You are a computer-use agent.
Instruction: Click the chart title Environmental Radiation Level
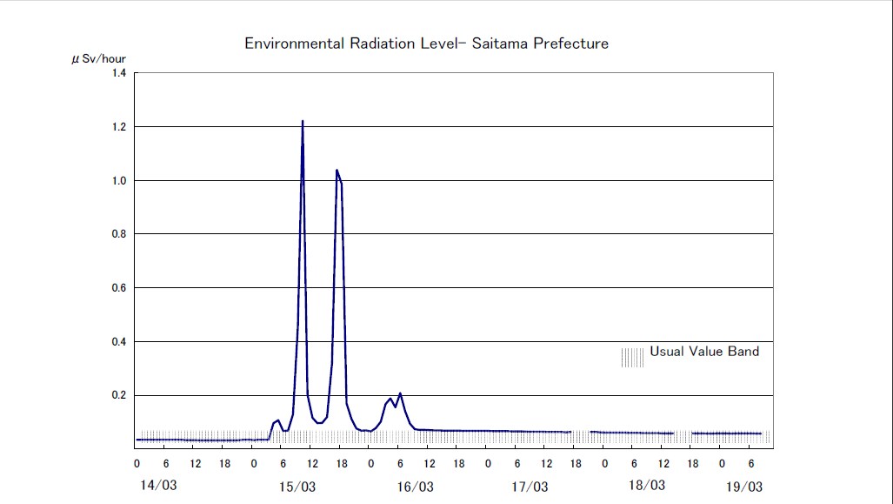426,44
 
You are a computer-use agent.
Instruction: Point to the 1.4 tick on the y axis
117,73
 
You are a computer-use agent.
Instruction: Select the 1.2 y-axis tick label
117,127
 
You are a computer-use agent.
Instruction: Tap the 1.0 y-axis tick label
117,181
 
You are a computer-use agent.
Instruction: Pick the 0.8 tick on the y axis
117,234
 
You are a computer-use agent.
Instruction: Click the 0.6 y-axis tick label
117,288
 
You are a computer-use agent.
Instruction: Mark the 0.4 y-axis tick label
117,342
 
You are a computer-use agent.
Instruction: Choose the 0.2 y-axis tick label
117,395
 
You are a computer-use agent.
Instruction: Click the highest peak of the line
303,122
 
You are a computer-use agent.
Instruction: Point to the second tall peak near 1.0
337,171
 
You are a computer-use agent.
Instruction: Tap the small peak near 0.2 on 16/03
400,394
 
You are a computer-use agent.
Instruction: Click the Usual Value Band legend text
704,352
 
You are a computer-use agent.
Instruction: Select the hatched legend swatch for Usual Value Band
632,358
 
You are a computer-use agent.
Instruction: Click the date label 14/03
157,485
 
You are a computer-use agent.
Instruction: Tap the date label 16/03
414,486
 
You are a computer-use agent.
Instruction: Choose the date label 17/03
530,486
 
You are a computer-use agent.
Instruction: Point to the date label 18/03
646,485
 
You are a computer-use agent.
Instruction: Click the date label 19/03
744,486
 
